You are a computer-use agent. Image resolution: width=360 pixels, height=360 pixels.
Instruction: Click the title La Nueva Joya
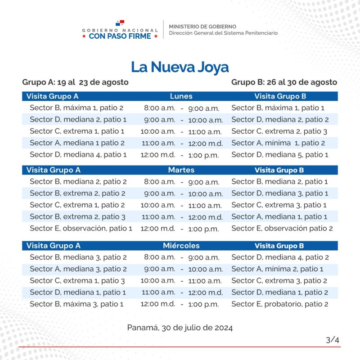pos(180,67)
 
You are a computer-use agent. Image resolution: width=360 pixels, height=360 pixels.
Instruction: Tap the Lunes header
pos(181,96)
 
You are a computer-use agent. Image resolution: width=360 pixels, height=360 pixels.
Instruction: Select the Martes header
pos(181,170)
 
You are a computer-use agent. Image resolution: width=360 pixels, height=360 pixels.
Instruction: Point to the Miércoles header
pos(181,246)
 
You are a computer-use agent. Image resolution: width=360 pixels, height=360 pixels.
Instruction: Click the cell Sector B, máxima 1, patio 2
pos(76,108)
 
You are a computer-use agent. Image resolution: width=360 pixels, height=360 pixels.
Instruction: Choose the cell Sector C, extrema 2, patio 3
pos(279,131)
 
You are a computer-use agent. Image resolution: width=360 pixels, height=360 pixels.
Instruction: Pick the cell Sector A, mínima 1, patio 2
pos(278,143)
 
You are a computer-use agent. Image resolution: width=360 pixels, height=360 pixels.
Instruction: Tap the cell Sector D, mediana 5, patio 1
pos(280,155)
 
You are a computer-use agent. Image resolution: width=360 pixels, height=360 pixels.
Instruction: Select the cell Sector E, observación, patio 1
pos(81,229)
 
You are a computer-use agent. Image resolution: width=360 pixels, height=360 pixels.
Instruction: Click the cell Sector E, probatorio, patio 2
pos(279,304)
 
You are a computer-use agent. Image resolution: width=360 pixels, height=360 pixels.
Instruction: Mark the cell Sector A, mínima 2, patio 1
pos(277,269)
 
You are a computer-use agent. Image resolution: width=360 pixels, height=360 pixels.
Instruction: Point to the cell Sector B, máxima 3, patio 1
pos(76,304)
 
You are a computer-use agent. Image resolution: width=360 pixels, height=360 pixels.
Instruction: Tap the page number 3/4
pos(333,340)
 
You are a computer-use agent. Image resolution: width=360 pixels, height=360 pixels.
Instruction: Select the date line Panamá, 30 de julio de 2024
pos(180,328)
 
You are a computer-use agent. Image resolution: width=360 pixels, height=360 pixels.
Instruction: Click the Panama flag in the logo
pos(120,23)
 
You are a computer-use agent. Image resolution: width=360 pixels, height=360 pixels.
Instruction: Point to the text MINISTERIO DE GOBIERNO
pos(202,27)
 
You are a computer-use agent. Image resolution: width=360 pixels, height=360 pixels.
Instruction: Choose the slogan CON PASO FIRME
pos(120,36)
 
